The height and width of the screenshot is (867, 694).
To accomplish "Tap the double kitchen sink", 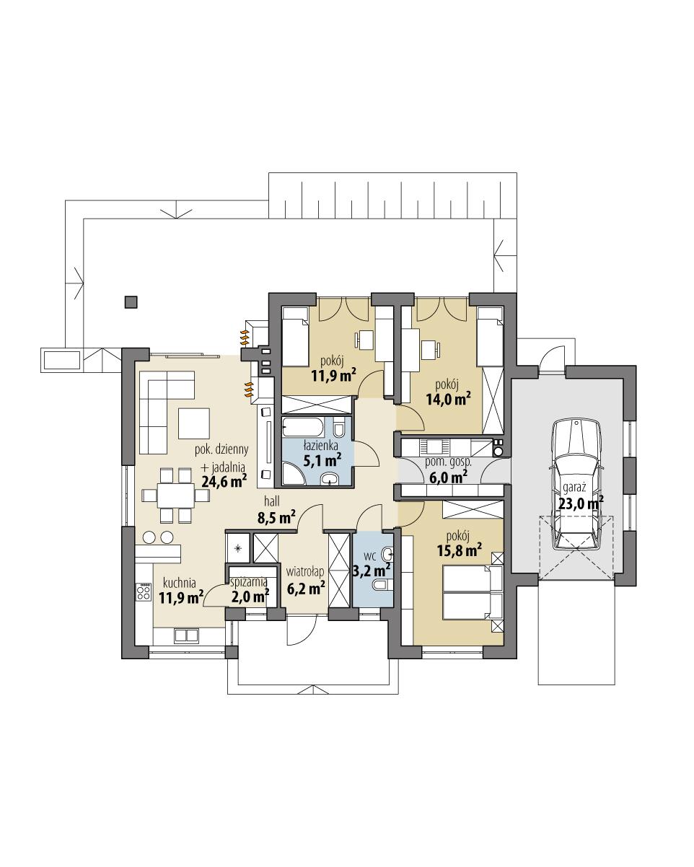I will [x=186, y=635].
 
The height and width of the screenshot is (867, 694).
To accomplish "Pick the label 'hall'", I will [x=272, y=500].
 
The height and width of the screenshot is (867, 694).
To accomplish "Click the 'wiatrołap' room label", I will [x=305, y=571].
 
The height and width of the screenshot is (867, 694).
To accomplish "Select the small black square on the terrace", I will [x=131, y=302].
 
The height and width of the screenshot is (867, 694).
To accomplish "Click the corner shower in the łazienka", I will [x=294, y=472].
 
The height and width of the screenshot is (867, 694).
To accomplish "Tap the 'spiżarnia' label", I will [x=250, y=580].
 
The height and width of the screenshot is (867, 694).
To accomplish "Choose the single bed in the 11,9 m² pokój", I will [x=294, y=336].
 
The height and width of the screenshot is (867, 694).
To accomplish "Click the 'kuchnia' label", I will [x=180, y=582].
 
